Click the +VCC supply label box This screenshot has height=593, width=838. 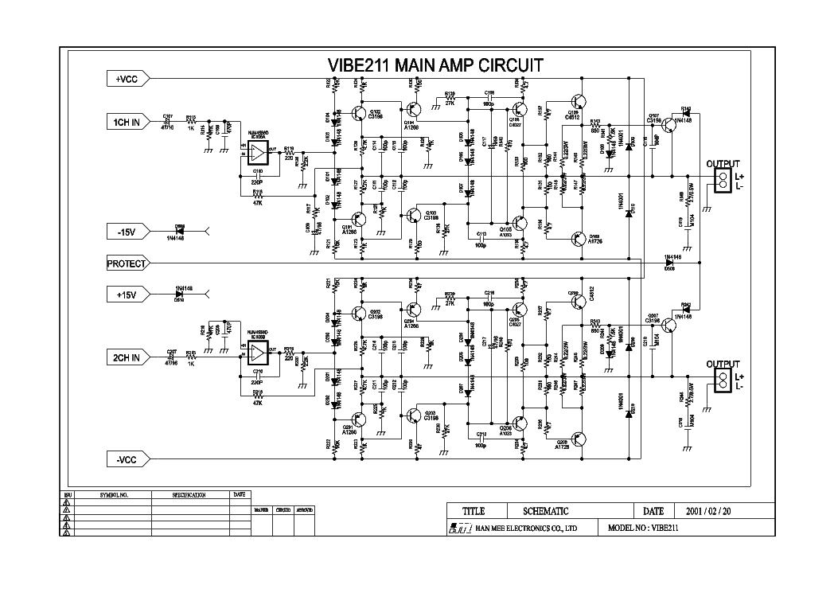tap(127, 78)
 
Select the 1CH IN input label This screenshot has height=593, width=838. tap(127, 122)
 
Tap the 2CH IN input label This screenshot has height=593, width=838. tap(127, 358)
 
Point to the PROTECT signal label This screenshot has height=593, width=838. tap(127, 263)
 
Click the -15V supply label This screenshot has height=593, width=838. tap(127, 232)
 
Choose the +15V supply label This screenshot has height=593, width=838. tap(127, 295)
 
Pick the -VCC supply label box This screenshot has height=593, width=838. tap(127, 458)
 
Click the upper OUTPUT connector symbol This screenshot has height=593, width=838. tap(723, 181)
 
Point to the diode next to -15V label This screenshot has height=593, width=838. tap(179, 231)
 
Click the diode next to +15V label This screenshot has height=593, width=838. tap(179, 295)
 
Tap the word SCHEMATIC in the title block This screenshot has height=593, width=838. tap(545, 511)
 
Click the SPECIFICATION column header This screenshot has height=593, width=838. tap(189, 494)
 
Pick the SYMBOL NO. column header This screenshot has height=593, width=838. tap(114, 494)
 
